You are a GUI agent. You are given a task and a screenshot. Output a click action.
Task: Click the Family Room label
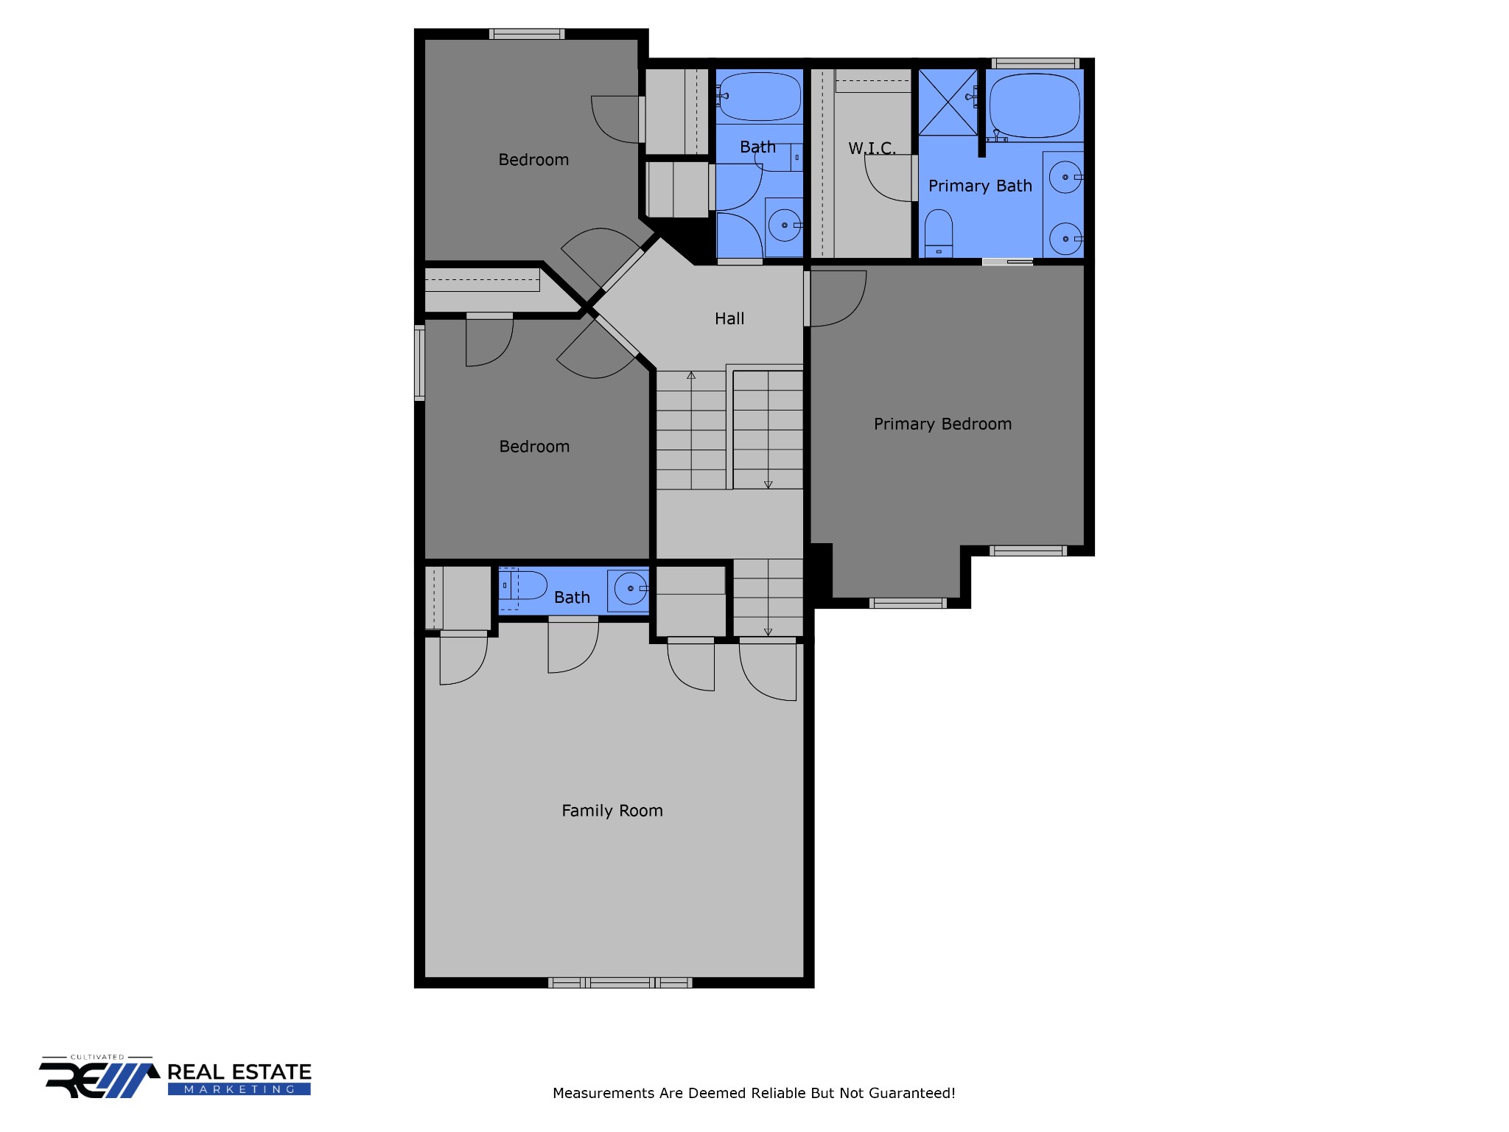click(x=612, y=811)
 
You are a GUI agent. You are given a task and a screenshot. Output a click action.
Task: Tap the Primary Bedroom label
click(x=942, y=424)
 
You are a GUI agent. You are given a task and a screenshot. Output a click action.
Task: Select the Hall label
click(x=729, y=318)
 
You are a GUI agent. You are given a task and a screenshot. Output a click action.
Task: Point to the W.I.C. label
click(x=872, y=148)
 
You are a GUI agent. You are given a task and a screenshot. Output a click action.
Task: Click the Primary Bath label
click(x=980, y=186)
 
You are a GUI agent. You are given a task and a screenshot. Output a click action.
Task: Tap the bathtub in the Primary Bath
click(x=1034, y=106)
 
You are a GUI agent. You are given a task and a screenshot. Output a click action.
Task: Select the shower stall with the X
click(x=948, y=102)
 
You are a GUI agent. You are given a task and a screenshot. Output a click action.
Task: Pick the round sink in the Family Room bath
click(x=631, y=589)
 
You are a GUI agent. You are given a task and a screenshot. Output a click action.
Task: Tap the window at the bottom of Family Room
click(x=620, y=982)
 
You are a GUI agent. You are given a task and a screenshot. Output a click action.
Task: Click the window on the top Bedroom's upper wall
click(x=527, y=34)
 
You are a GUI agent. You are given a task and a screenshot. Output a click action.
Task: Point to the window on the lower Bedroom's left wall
click(x=419, y=363)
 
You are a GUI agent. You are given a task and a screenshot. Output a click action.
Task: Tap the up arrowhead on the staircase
click(x=691, y=376)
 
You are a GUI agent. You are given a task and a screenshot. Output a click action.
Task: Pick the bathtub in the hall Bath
click(x=760, y=96)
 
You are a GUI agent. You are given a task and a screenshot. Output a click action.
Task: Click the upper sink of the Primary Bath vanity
click(x=1065, y=178)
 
